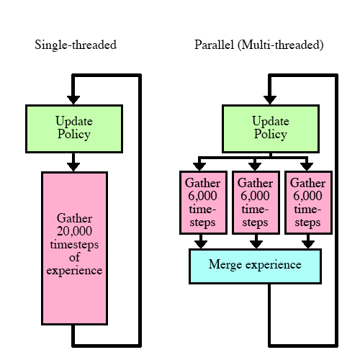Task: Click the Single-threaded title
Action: coord(76,45)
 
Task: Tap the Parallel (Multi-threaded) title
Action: coord(259,45)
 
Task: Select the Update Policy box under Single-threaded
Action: coord(74,129)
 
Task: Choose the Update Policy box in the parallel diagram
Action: coord(271,129)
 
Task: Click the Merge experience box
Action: coord(255,266)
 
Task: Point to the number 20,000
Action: coord(74,231)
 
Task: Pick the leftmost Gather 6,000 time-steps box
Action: coord(203,202)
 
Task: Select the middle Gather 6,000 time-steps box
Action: coord(256,202)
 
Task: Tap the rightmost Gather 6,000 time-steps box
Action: coord(308,202)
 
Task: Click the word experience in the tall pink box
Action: coord(74,271)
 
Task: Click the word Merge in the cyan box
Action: coord(225,265)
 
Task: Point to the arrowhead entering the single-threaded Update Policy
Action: coord(73,100)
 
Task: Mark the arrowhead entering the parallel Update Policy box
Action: coord(270,100)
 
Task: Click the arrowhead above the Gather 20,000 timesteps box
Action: coord(73,167)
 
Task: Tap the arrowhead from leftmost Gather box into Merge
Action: coord(201,244)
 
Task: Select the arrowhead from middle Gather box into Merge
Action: coord(256,244)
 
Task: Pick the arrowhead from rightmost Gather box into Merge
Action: coord(308,244)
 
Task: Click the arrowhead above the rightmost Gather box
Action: coord(307,166)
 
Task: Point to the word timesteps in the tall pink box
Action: coord(74,245)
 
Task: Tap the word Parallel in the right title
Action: coord(214,45)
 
